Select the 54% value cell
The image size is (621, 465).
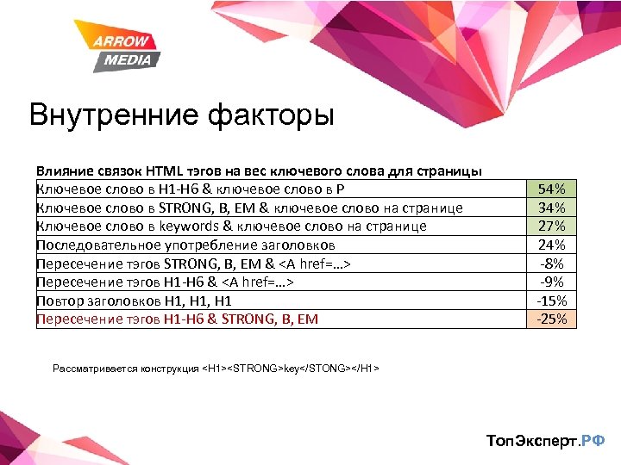[x=551, y=189]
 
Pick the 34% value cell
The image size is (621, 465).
[x=551, y=208]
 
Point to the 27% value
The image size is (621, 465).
[x=551, y=226]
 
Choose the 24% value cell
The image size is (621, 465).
[x=551, y=245]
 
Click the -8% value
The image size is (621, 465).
[x=551, y=263]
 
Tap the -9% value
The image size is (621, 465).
[x=551, y=282]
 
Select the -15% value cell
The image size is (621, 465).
[x=551, y=301]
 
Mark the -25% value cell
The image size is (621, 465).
[x=551, y=319]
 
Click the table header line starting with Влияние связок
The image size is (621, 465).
[x=259, y=171]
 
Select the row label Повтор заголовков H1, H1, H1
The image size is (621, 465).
[x=134, y=301]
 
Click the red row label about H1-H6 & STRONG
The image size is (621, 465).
[x=177, y=319]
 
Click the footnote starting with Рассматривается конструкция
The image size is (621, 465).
[x=216, y=369]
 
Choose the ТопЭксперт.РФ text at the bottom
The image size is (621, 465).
[x=545, y=441]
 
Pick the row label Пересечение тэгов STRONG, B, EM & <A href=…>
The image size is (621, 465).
[x=195, y=263]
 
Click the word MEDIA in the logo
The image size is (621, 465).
[x=127, y=59]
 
